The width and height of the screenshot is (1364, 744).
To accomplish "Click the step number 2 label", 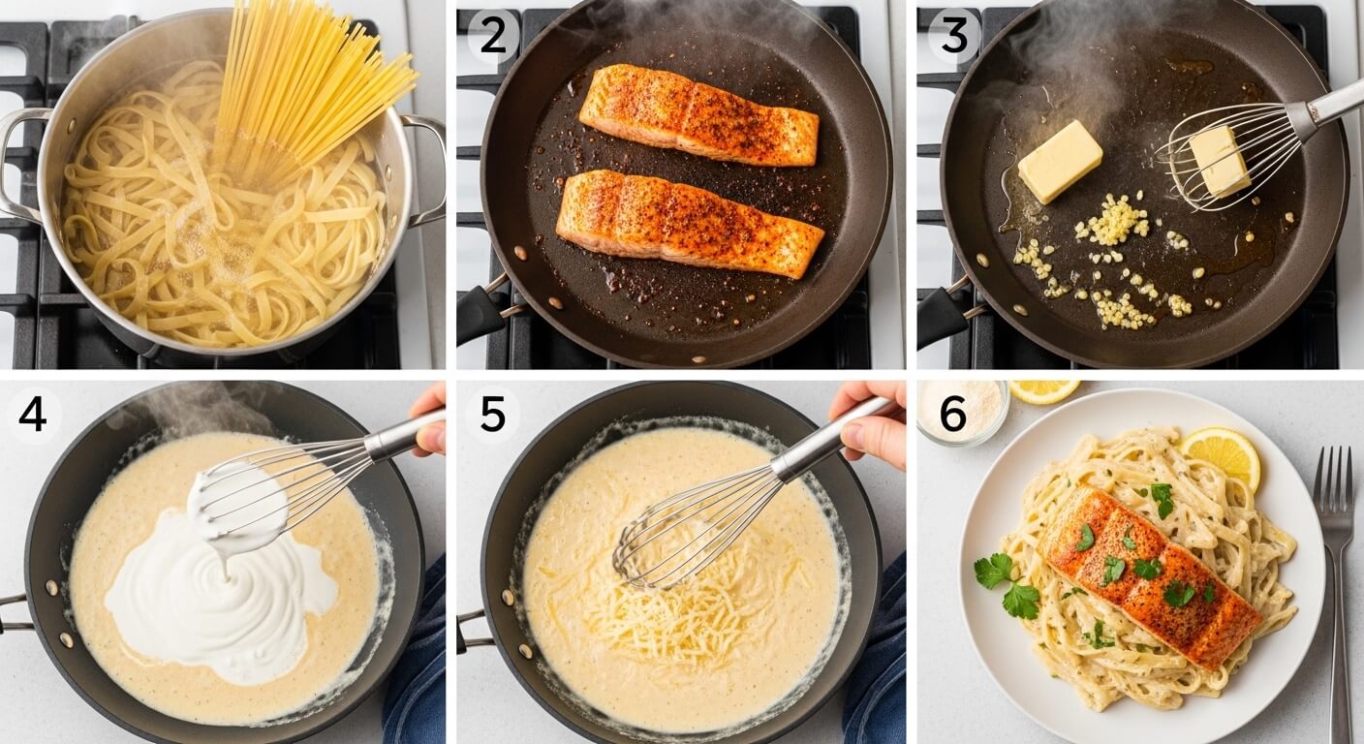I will [x=492, y=37].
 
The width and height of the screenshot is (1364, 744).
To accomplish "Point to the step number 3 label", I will [x=953, y=37].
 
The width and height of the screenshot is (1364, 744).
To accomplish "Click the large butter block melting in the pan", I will [x=1059, y=161].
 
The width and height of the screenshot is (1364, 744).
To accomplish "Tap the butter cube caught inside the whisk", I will [x=1220, y=161].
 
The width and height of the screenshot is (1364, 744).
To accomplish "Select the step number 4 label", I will [x=32, y=415].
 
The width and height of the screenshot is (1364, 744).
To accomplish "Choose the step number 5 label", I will [x=492, y=415].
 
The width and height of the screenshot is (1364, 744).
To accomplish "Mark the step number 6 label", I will [x=953, y=415].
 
